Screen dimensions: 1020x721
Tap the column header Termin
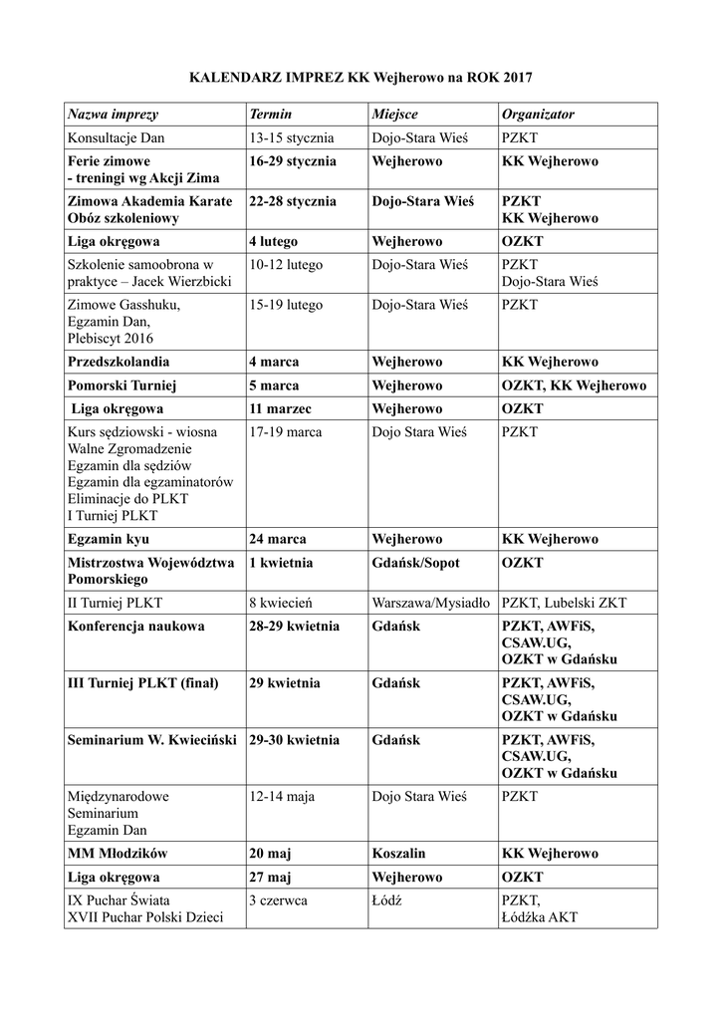pos(271,115)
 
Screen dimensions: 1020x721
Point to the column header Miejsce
pos(395,115)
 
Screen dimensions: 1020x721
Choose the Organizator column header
pos(538,115)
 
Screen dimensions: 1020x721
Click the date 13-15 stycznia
pos(292,137)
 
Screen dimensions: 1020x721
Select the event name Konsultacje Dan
pos(116,137)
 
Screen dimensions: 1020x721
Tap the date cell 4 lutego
pos(274,241)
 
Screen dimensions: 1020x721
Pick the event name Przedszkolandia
pos(118,362)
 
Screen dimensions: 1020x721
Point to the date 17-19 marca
pos(285,432)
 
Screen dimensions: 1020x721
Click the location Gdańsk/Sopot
pos(416,563)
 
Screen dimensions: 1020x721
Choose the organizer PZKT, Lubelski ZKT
pos(565,603)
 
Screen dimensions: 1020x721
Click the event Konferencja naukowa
pos(135,627)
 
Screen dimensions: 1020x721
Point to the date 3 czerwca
pos(278,900)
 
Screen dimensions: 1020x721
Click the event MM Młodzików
pos(117,854)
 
